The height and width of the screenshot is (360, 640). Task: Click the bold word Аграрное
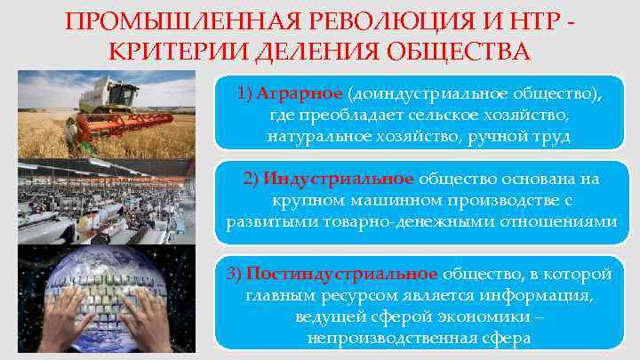coord(300,94)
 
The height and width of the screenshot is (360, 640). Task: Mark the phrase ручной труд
coord(528,137)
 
